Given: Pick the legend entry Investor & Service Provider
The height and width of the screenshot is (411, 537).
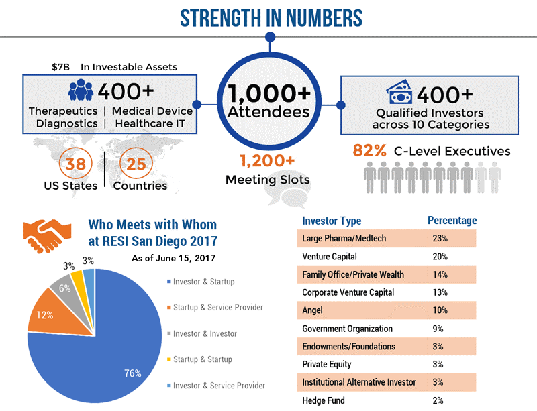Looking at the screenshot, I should click(218, 386).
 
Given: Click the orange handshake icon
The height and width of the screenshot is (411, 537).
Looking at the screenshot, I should click(46, 234).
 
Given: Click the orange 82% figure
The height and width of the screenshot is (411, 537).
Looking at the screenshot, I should click(370, 151).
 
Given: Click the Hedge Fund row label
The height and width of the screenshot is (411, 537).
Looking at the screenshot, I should click(324, 401).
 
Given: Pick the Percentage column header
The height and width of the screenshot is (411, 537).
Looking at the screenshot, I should click(452, 221).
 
